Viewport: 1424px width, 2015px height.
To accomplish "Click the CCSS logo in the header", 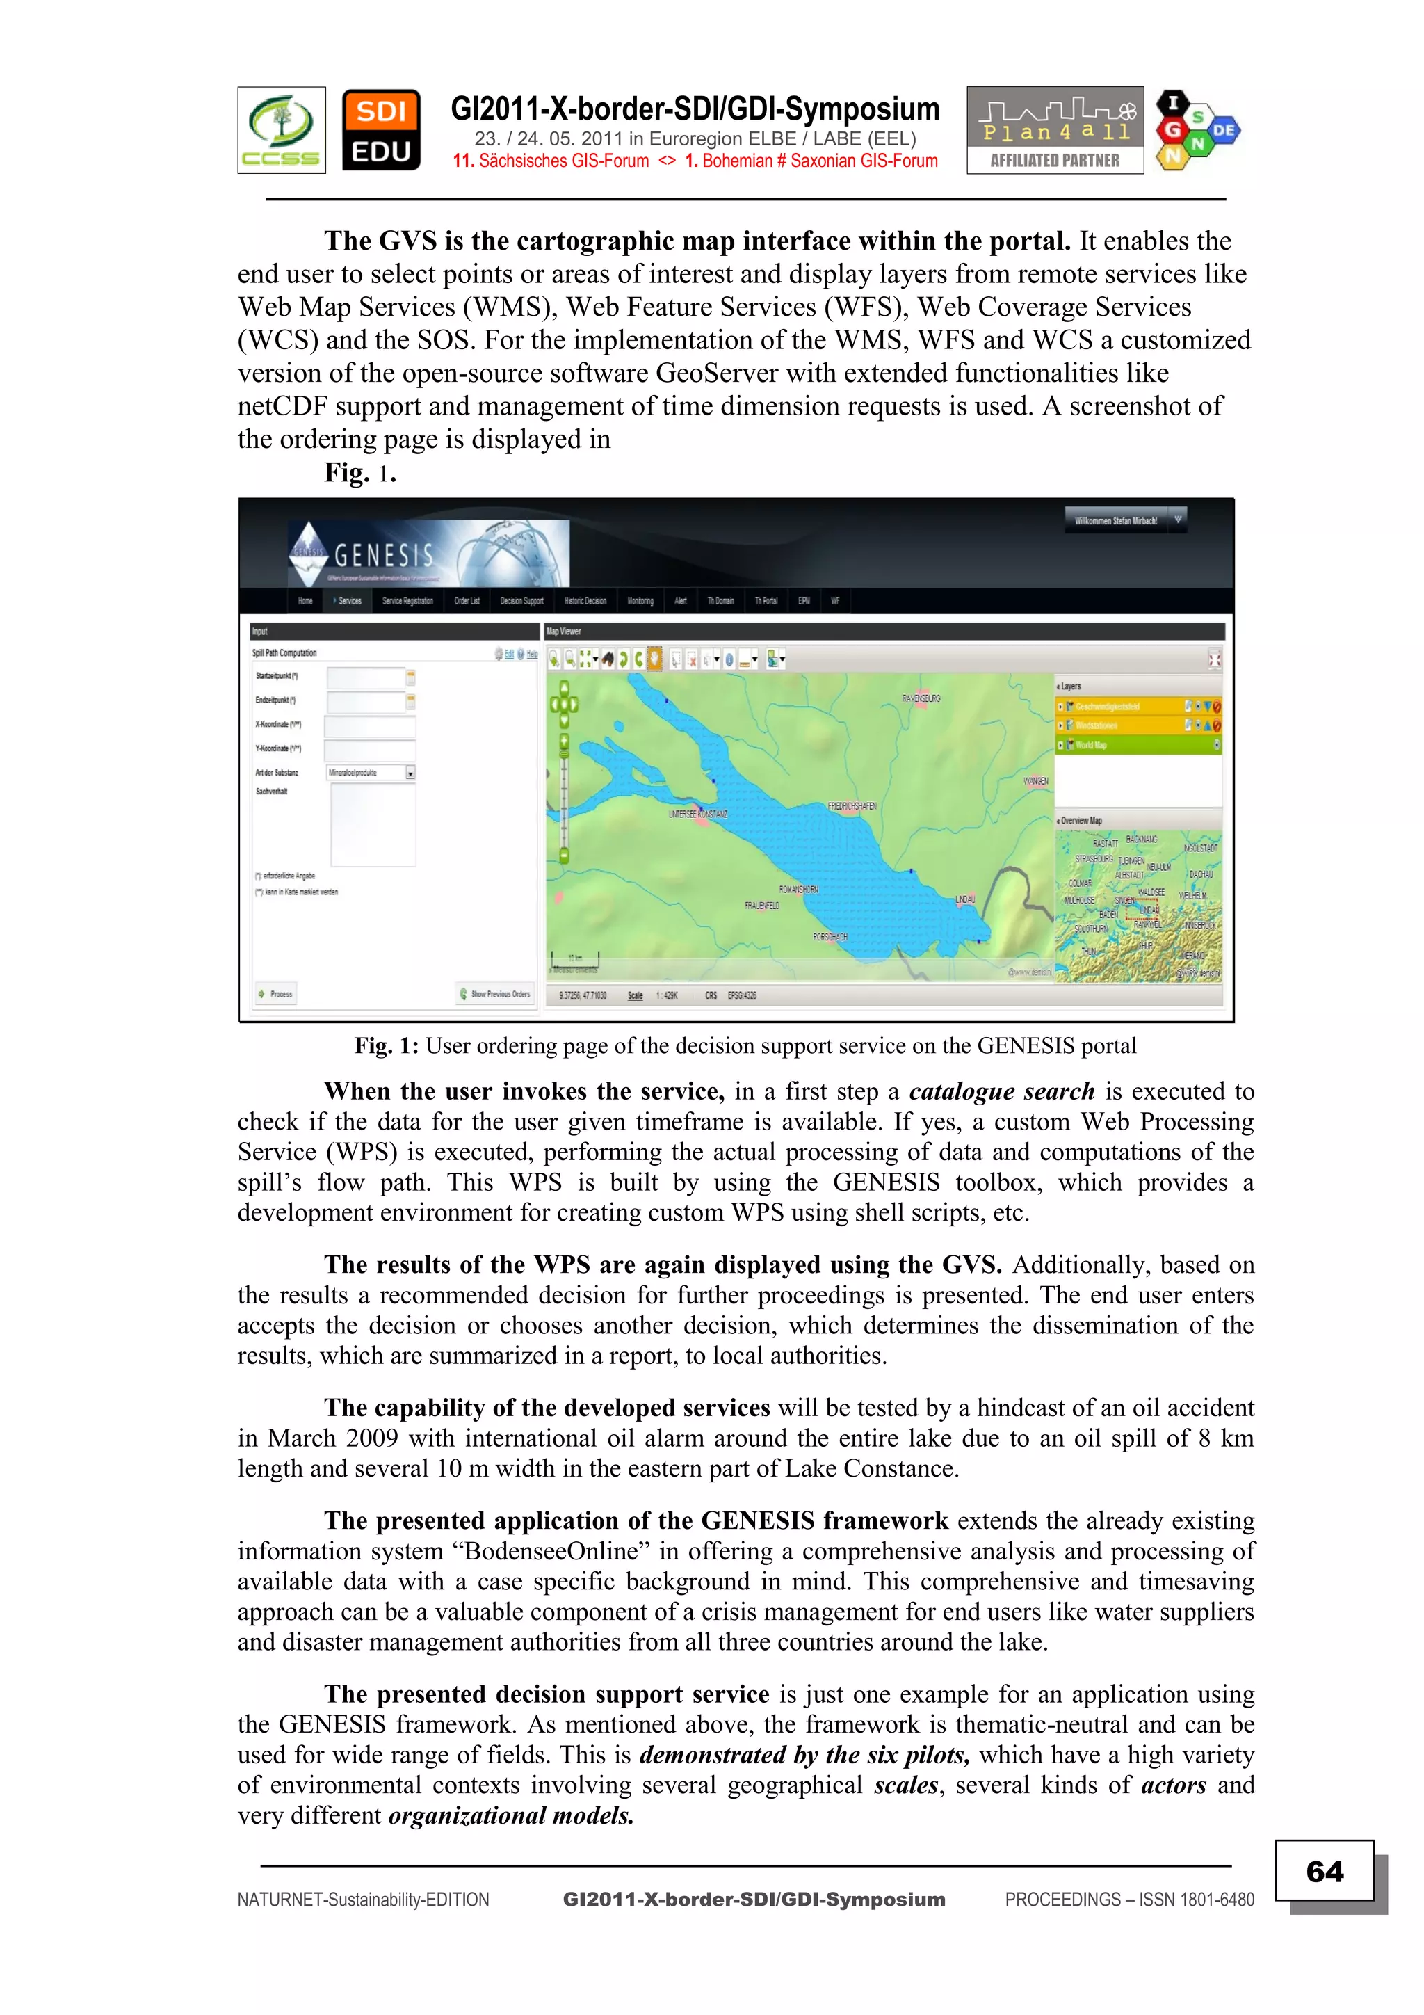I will point(281,130).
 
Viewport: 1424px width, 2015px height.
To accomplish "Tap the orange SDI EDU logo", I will point(381,130).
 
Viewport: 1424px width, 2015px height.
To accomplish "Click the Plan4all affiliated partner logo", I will point(1055,130).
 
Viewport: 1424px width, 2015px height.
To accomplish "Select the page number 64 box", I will point(1324,1871).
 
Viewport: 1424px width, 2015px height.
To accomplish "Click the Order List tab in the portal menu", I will point(467,601).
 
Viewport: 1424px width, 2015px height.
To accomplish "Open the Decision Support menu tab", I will point(521,601).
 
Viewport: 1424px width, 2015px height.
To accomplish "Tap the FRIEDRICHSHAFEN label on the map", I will point(851,805).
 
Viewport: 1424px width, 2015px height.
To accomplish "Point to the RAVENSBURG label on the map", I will point(921,698).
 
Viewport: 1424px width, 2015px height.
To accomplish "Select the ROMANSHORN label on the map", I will point(798,890).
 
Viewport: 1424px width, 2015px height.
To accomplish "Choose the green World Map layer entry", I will point(1137,745).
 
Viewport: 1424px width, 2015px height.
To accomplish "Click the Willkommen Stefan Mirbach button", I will point(1116,520).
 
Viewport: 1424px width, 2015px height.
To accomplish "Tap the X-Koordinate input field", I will point(369,725).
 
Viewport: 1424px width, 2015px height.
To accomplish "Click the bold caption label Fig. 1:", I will point(385,1046).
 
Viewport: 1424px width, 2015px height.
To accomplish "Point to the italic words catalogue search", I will point(1001,1092).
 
